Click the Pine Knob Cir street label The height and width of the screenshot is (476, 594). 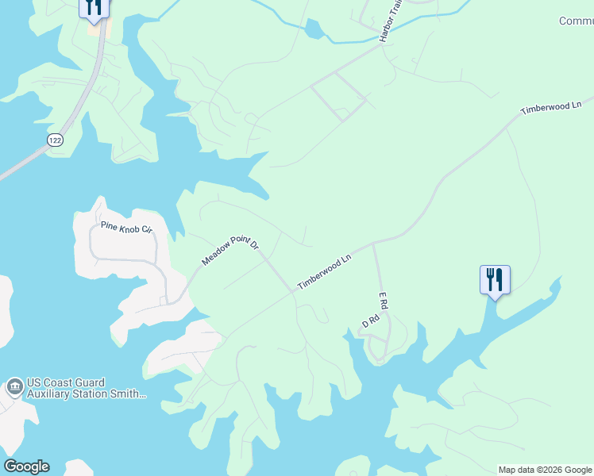pyautogui.click(x=125, y=228)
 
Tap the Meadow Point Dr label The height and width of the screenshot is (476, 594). pyautogui.click(x=230, y=250)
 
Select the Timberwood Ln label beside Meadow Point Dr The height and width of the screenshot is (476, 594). pyautogui.click(x=324, y=272)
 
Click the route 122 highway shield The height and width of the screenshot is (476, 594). pyautogui.click(x=54, y=139)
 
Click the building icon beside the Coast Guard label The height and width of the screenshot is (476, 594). pyautogui.click(x=13, y=388)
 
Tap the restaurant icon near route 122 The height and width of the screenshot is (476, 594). pyautogui.click(x=94, y=8)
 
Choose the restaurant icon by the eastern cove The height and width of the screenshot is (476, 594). pyautogui.click(x=495, y=279)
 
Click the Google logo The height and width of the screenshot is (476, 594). pyautogui.click(x=26, y=466)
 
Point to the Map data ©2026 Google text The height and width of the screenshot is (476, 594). pyautogui.click(x=545, y=470)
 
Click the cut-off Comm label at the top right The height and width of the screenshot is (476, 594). pyautogui.click(x=576, y=21)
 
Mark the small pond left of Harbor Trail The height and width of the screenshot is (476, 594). pyautogui.click(x=314, y=30)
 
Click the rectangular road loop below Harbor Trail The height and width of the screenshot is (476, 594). pyautogui.click(x=338, y=96)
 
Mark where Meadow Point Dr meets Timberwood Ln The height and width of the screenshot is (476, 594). pyautogui.click(x=293, y=290)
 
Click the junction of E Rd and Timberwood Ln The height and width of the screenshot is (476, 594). pyautogui.click(x=373, y=243)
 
